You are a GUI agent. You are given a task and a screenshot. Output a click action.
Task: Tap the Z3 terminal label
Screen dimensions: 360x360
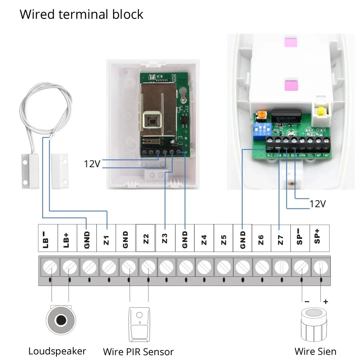[x=165, y=239]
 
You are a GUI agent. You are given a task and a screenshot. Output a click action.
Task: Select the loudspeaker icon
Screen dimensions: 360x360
[x=61, y=320]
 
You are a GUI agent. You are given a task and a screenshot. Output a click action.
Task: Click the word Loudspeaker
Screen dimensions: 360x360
[x=57, y=351]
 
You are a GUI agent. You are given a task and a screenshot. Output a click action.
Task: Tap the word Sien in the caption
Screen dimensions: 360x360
[x=327, y=352]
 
